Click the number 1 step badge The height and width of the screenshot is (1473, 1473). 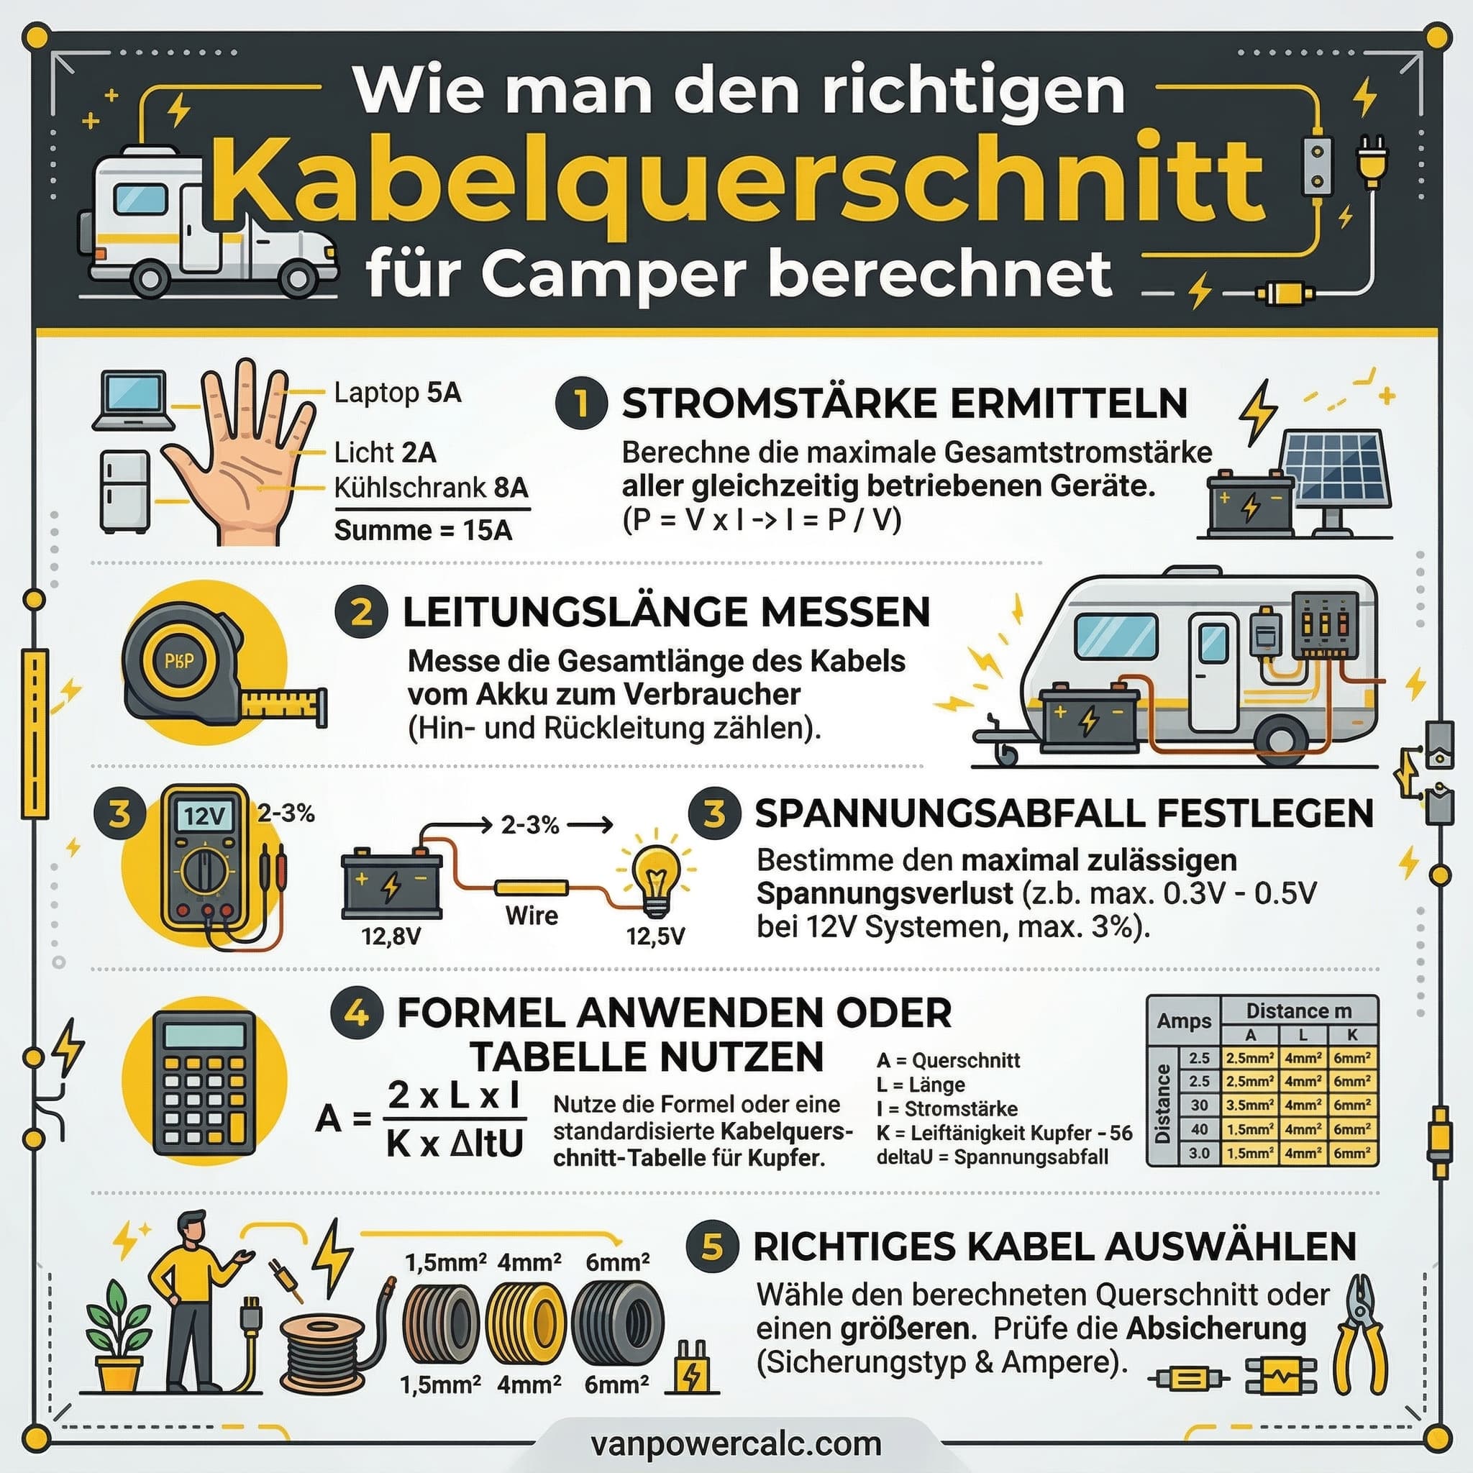[581, 403]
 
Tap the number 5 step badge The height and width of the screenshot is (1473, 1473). [711, 1246]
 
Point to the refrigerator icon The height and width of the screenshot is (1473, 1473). [124, 491]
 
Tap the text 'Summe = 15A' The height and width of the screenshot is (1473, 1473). [423, 530]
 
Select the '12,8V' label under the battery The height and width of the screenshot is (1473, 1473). [391, 936]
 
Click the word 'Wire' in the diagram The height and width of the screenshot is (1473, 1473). [532, 916]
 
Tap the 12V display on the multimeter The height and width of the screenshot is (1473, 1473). [204, 816]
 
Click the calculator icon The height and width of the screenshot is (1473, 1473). [204, 1083]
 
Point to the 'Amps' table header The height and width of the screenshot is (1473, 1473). [1183, 1021]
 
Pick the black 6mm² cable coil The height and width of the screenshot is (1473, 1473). [618, 1323]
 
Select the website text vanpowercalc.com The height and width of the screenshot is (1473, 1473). [736, 1444]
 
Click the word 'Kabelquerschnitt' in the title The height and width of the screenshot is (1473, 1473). [736, 181]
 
